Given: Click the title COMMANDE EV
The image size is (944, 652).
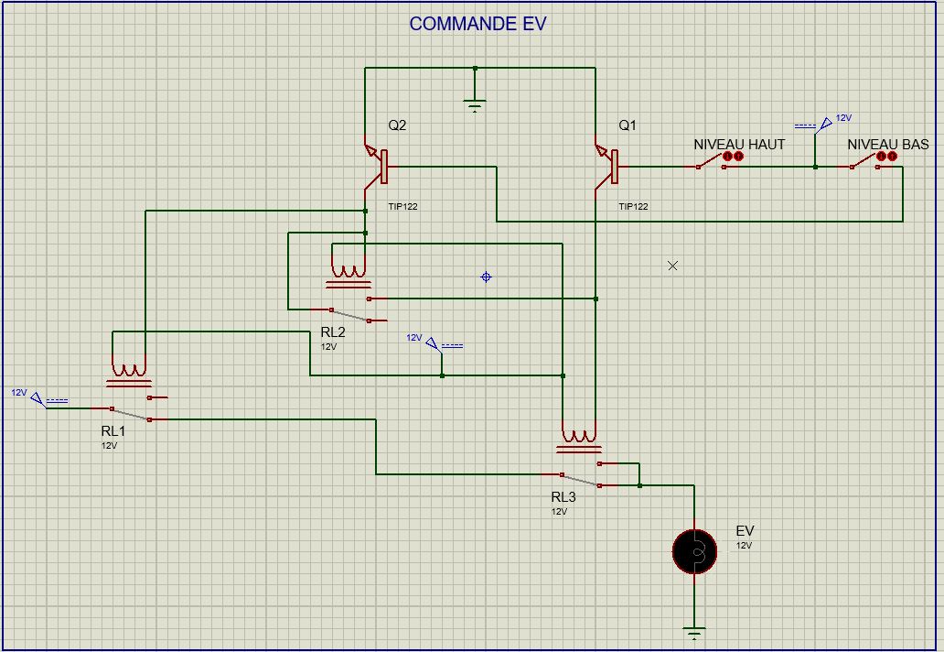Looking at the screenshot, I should click(477, 24).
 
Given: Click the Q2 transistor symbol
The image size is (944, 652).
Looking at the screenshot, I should click(376, 167).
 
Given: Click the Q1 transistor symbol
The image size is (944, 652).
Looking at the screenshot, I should click(606, 167).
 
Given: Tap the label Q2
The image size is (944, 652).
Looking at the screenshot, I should click(397, 126).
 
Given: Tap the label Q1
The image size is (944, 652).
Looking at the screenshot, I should click(628, 126).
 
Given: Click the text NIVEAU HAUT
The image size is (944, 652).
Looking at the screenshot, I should click(739, 145).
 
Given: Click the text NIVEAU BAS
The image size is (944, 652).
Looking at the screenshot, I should click(887, 145).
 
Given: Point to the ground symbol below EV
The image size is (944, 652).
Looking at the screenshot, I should click(694, 632).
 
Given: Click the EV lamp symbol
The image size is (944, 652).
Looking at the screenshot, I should click(694, 551).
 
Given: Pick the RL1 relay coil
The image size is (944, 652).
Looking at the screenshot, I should click(129, 373).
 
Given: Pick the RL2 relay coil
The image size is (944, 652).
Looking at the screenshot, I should click(349, 274).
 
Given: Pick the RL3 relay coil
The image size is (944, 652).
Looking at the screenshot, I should click(579, 439).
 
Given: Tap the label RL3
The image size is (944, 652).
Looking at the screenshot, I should click(563, 497).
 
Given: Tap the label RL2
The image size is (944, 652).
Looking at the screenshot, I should click(333, 332).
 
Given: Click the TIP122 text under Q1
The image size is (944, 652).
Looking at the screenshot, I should click(633, 207).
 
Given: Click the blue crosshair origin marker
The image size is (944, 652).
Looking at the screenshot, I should click(486, 277).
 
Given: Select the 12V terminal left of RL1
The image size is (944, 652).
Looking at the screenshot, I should click(38, 398).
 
